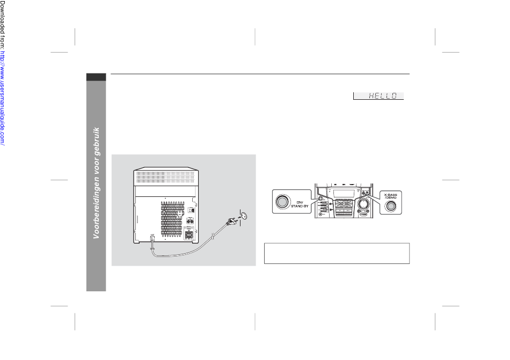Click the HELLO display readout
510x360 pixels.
[x=378, y=96]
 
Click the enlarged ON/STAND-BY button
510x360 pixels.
[x=282, y=202]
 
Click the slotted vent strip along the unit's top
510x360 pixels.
[x=164, y=175]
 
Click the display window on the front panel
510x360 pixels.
[x=340, y=194]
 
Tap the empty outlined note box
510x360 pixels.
[x=337, y=253]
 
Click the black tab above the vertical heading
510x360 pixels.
[x=96, y=77]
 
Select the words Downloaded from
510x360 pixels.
[x=3, y=27]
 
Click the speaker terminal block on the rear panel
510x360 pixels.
[x=188, y=234]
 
